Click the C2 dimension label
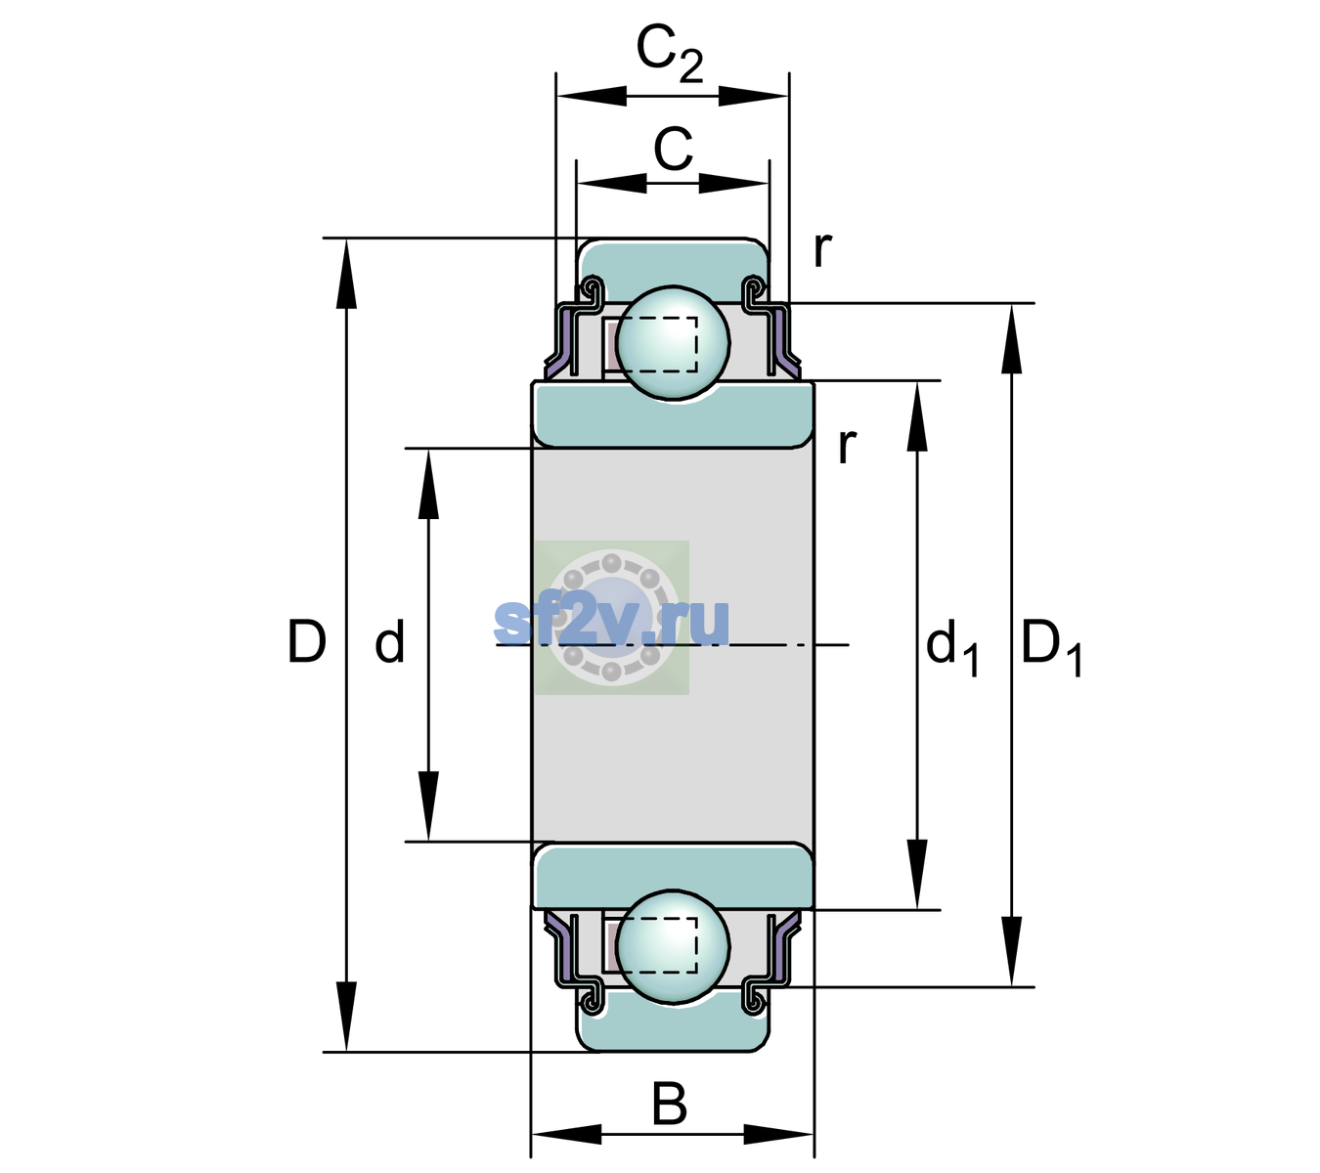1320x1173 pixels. (x=669, y=55)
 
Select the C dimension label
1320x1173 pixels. (x=673, y=150)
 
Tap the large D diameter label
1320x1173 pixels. (x=306, y=641)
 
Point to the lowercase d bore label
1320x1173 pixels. (x=389, y=641)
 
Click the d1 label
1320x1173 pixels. (x=952, y=647)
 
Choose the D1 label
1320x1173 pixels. (x=1051, y=647)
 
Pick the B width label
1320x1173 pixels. (x=669, y=1104)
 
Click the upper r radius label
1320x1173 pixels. (x=822, y=249)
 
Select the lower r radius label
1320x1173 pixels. (x=847, y=446)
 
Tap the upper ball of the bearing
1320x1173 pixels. (x=673, y=342)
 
